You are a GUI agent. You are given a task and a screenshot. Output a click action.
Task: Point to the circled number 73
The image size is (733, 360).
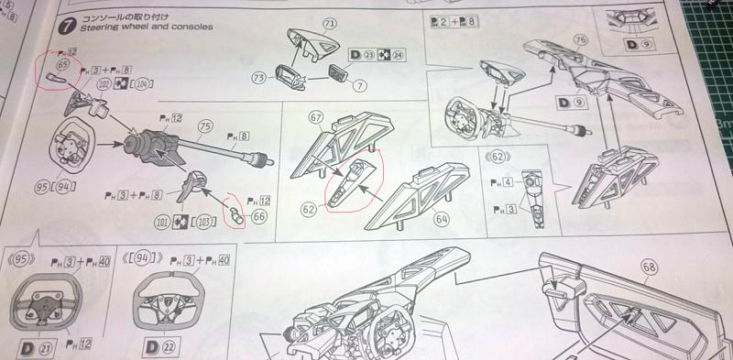(x=262, y=80)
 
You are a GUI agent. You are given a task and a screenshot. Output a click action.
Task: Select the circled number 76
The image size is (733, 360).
(x=580, y=39)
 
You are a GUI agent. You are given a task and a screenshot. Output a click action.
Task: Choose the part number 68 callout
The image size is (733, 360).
(x=650, y=267)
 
